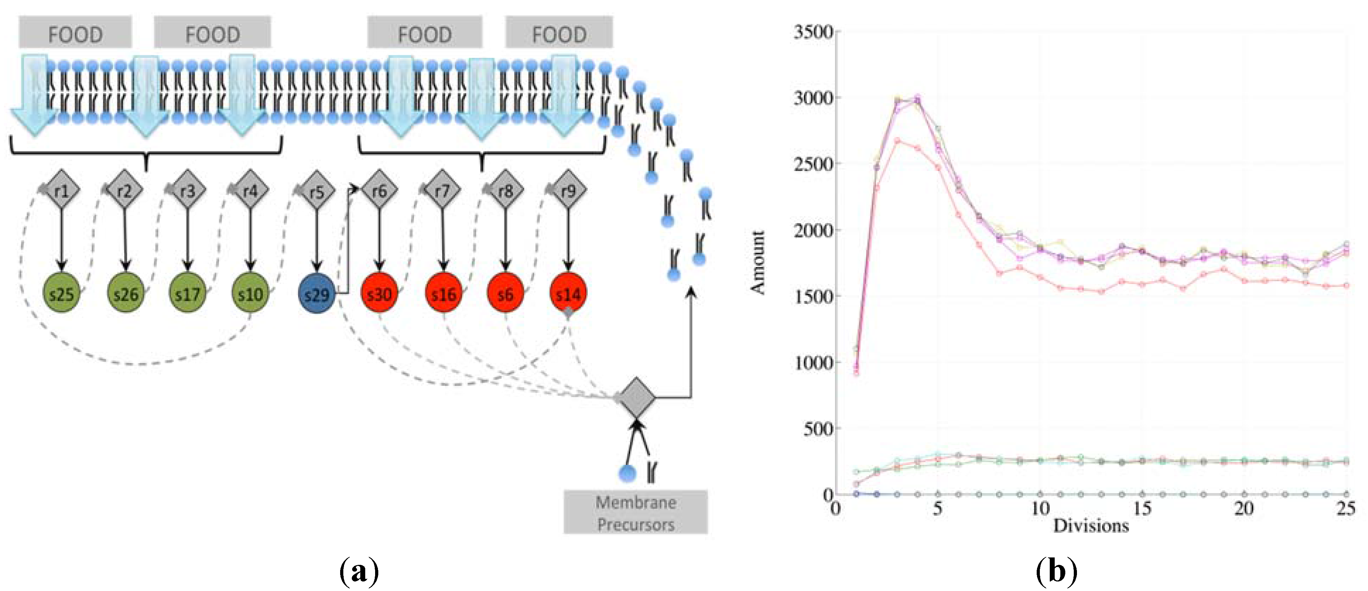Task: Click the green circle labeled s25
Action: [x=61, y=293]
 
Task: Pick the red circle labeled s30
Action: [x=379, y=293]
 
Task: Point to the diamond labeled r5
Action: [x=316, y=191]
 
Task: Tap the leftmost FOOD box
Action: [x=75, y=33]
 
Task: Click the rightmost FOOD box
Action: [x=559, y=33]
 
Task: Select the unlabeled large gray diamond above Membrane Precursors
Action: [x=636, y=397]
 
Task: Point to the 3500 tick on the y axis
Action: [x=813, y=32]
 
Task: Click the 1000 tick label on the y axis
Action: [x=813, y=363]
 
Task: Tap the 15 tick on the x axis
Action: [x=1142, y=509]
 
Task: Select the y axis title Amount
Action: [x=758, y=262]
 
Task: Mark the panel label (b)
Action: [x=1057, y=571]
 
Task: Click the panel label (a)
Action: [x=359, y=571]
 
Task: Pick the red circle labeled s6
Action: [x=505, y=293]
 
